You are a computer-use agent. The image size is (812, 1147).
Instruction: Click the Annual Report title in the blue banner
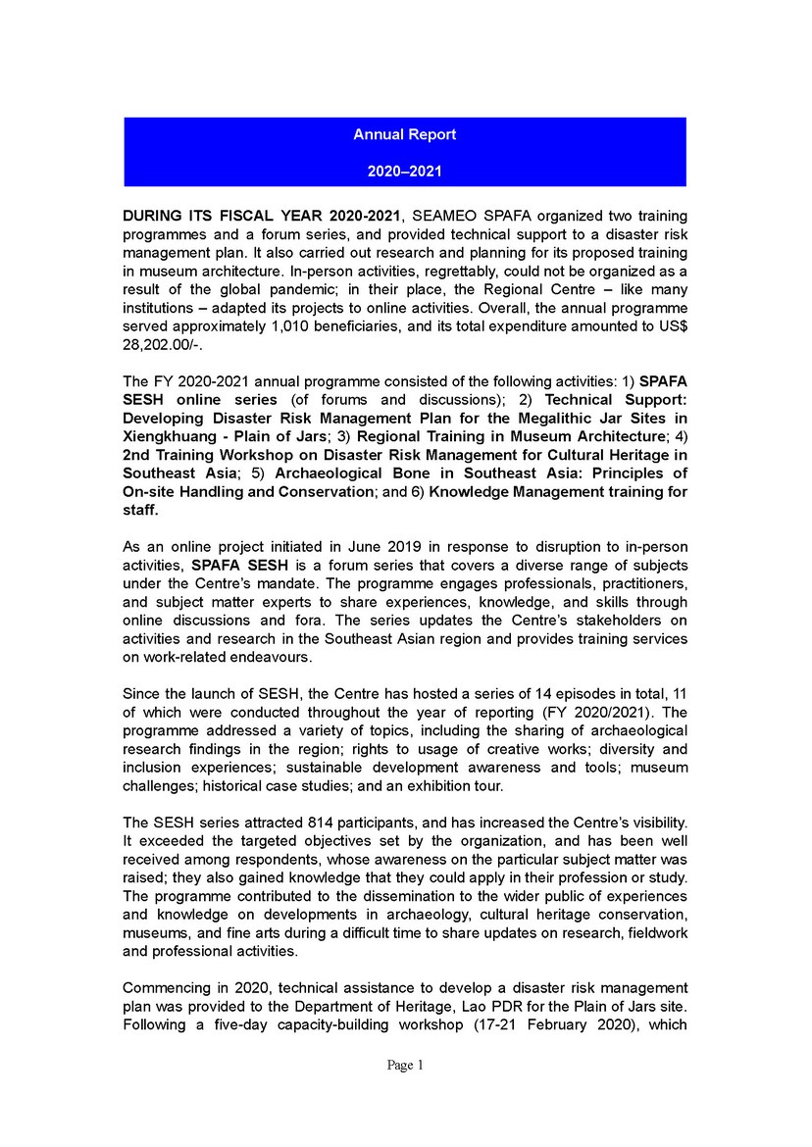(405, 134)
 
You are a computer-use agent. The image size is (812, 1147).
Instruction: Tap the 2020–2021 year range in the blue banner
(405, 171)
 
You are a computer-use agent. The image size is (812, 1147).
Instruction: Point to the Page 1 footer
(405, 1066)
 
